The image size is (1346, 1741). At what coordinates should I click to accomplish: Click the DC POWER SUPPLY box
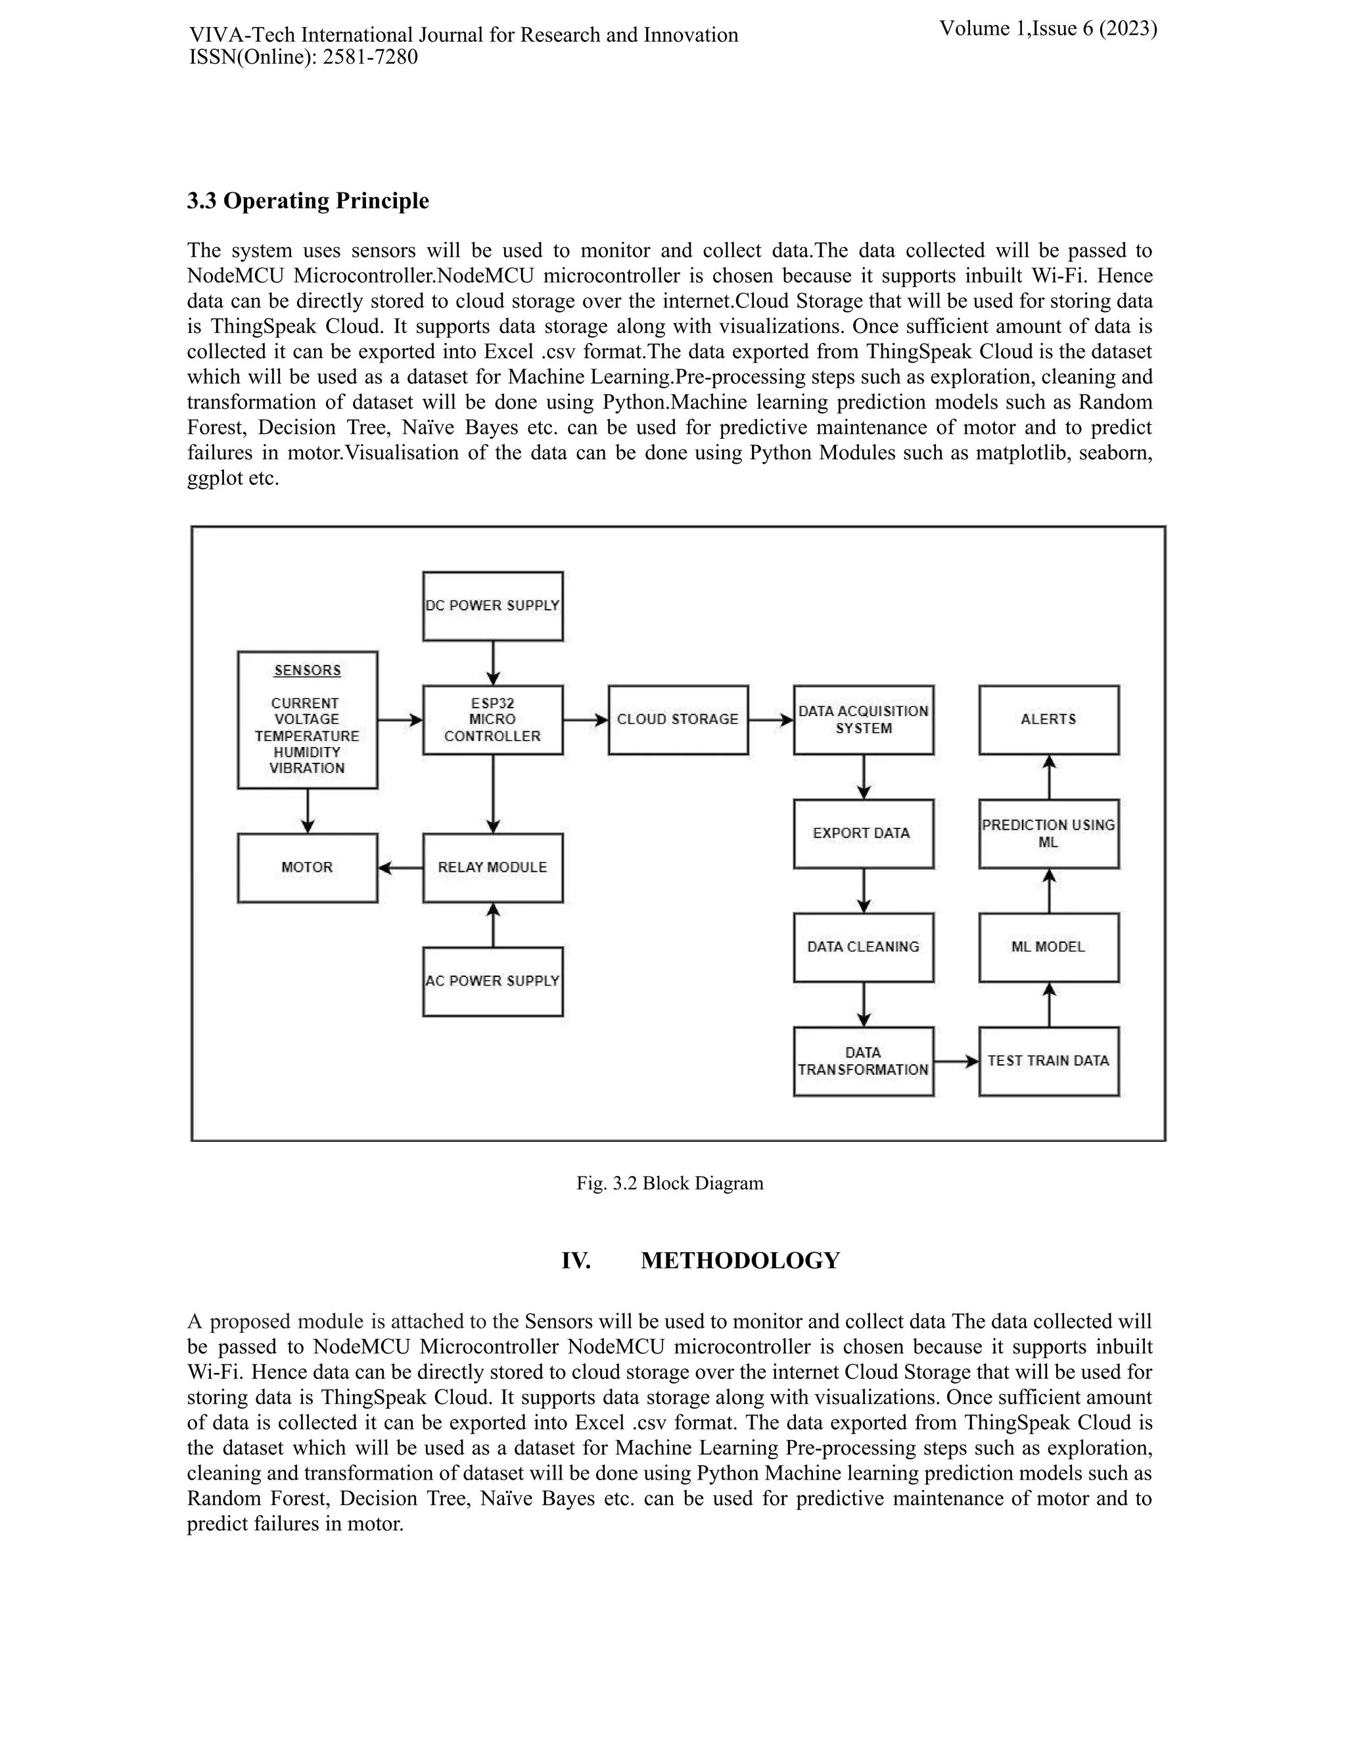(x=493, y=606)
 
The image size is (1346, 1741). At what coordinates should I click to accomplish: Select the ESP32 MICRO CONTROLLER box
(x=493, y=720)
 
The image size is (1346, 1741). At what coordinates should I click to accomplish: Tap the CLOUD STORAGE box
(x=678, y=720)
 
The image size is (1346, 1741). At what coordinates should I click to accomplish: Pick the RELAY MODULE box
(x=493, y=868)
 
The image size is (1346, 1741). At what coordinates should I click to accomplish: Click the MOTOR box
(x=307, y=868)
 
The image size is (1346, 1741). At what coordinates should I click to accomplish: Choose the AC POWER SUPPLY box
(x=493, y=982)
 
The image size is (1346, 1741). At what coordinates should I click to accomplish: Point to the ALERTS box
(x=1048, y=720)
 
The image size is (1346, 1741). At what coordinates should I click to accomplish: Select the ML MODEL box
(x=1048, y=947)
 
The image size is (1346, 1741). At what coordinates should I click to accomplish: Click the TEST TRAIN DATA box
(x=1048, y=1061)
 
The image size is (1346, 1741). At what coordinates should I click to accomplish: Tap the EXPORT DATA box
(x=863, y=834)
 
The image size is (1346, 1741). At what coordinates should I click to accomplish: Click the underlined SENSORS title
(x=307, y=670)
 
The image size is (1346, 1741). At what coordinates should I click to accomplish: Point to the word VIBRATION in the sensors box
(x=307, y=769)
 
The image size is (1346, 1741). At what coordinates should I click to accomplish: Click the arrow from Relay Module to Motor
(x=400, y=868)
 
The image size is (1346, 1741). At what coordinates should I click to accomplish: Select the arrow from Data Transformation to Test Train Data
(x=956, y=1062)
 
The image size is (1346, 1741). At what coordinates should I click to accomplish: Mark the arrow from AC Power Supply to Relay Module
(x=493, y=925)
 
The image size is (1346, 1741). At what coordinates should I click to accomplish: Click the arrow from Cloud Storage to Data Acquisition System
(x=771, y=720)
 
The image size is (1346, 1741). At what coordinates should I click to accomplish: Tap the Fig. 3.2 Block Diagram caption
(x=670, y=1183)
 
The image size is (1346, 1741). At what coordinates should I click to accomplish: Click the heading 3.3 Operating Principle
(x=308, y=201)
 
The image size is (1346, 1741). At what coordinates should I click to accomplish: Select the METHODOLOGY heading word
(x=740, y=1261)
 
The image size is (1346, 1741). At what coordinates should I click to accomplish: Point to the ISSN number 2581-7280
(x=370, y=57)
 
